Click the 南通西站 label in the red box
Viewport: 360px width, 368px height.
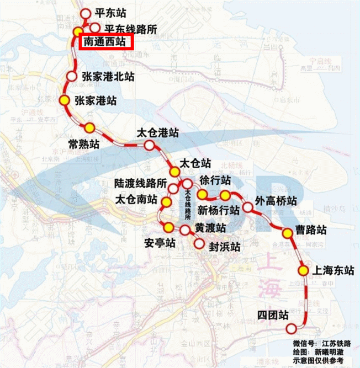(105, 42)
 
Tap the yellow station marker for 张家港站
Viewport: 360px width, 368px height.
(64, 100)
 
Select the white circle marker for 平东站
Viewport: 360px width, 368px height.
(85, 14)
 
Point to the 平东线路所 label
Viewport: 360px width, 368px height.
(130, 29)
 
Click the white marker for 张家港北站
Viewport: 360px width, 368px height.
(72, 77)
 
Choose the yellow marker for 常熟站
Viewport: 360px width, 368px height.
(89, 128)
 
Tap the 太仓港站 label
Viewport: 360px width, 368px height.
(158, 134)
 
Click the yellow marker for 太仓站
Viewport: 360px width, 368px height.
(174, 172)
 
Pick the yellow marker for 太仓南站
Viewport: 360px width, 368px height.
(166, 202)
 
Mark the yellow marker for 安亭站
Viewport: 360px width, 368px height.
(168, 227)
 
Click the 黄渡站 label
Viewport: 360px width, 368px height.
(210, 228)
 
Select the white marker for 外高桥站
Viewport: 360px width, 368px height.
(248, 207)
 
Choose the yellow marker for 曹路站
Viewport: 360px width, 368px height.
(287, 233)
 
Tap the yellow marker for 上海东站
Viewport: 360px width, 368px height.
(303, 270)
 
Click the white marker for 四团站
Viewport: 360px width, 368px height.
(291, 329)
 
